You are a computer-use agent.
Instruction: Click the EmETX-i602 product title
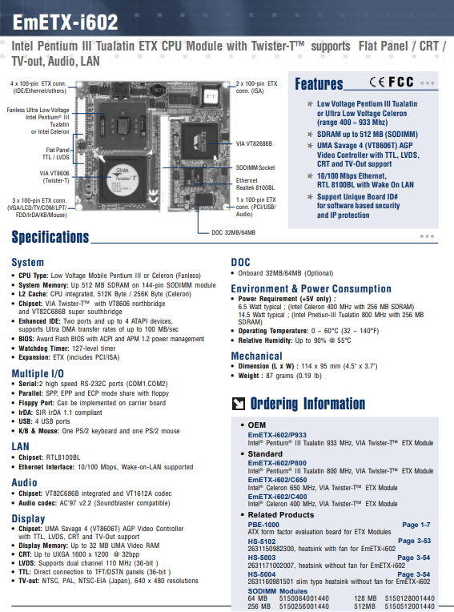click(x=65, y=22)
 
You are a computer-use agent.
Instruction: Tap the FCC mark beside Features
click(x=401, y=82)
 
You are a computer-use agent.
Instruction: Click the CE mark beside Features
click(x=377, y=82)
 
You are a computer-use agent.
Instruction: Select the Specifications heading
click(x=50, y=237)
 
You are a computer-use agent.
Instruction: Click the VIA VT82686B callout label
click(x=254, y=143)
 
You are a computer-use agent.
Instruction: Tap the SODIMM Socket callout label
click(x=255, y=168)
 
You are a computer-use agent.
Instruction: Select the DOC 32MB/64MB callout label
click(x=233, y=232)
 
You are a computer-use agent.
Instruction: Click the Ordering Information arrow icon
click(x=239, y=404)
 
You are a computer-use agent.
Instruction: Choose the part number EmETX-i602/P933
click(x=277, y=435)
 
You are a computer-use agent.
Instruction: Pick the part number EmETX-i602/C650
click(x=277, y=480)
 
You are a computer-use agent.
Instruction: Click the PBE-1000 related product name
click(x=263, y=525)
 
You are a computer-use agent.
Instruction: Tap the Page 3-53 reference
click(x=414, y=541)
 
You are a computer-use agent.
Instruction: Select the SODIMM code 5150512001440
click(x=409, y=606)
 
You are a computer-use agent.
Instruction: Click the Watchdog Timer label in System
click(x=44, y=348)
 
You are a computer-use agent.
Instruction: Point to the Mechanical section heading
click(x=257, y=356)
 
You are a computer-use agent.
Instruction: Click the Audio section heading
click(x=24, y=483)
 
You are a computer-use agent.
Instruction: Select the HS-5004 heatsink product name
click(x=262, y=574)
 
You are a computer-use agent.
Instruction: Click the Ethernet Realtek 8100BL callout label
click(x=255, y=183)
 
